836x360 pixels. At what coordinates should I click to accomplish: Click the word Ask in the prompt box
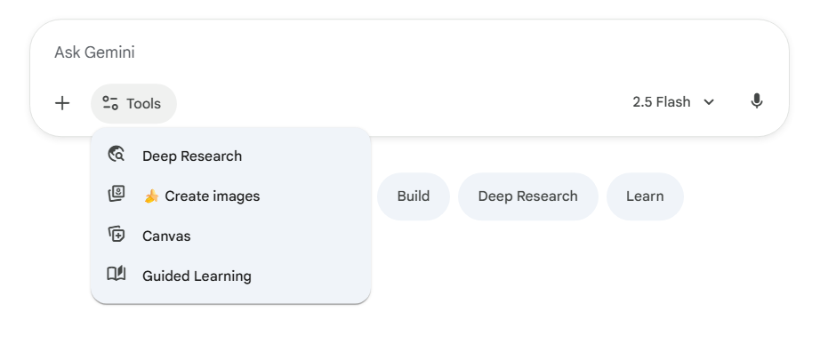click(68, 52)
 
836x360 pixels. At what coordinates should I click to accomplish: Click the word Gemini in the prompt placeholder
click(109, 52)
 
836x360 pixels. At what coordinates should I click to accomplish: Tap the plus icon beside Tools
click(62, 103)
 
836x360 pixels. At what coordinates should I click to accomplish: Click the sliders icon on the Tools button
click(110, 103)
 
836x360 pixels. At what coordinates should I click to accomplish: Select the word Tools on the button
click(143, 103)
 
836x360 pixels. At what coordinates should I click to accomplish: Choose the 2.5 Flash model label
click(661, 102)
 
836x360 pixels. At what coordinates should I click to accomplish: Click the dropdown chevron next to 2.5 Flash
click(709, 102)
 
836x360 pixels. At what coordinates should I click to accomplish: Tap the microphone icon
click(757, 101)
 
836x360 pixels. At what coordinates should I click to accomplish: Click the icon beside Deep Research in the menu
click(117, 155)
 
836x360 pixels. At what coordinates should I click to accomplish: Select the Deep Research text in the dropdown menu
click(192, 156)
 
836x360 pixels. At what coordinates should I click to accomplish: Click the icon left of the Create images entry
click(117, 195)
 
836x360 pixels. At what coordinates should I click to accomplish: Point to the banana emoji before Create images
click(151, 196)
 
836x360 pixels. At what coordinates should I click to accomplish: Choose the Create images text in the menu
click(212, 196)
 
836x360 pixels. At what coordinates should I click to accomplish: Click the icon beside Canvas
click(117, 235)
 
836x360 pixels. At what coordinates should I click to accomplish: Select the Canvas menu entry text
click(166, 236)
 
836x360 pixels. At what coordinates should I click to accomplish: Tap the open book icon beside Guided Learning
click(117, 275)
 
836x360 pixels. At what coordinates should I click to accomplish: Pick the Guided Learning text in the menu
click(197, 276)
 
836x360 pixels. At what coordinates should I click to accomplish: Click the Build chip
click(414, 196)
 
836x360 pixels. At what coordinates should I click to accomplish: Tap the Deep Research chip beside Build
click(527, 196)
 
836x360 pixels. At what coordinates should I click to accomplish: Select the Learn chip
click(645, 196)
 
